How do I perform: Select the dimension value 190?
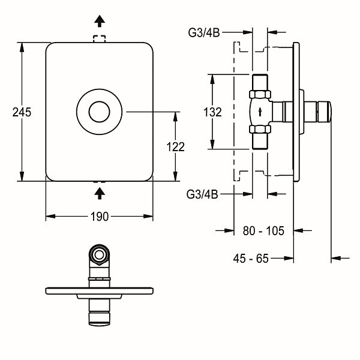[x=100, y=217]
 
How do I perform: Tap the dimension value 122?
[x=176, y=146]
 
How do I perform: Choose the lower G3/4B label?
[x=202, y=193]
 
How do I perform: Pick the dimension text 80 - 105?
[x=264, y=230]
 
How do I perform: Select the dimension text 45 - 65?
[x=251, y=259]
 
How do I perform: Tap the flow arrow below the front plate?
[x=100, y=191]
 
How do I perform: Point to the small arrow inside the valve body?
[x=259, y=112]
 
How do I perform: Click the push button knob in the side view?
[x=325, y=112]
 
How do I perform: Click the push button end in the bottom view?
[x=99, y=315]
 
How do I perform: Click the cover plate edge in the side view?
[x=296, y=112]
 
